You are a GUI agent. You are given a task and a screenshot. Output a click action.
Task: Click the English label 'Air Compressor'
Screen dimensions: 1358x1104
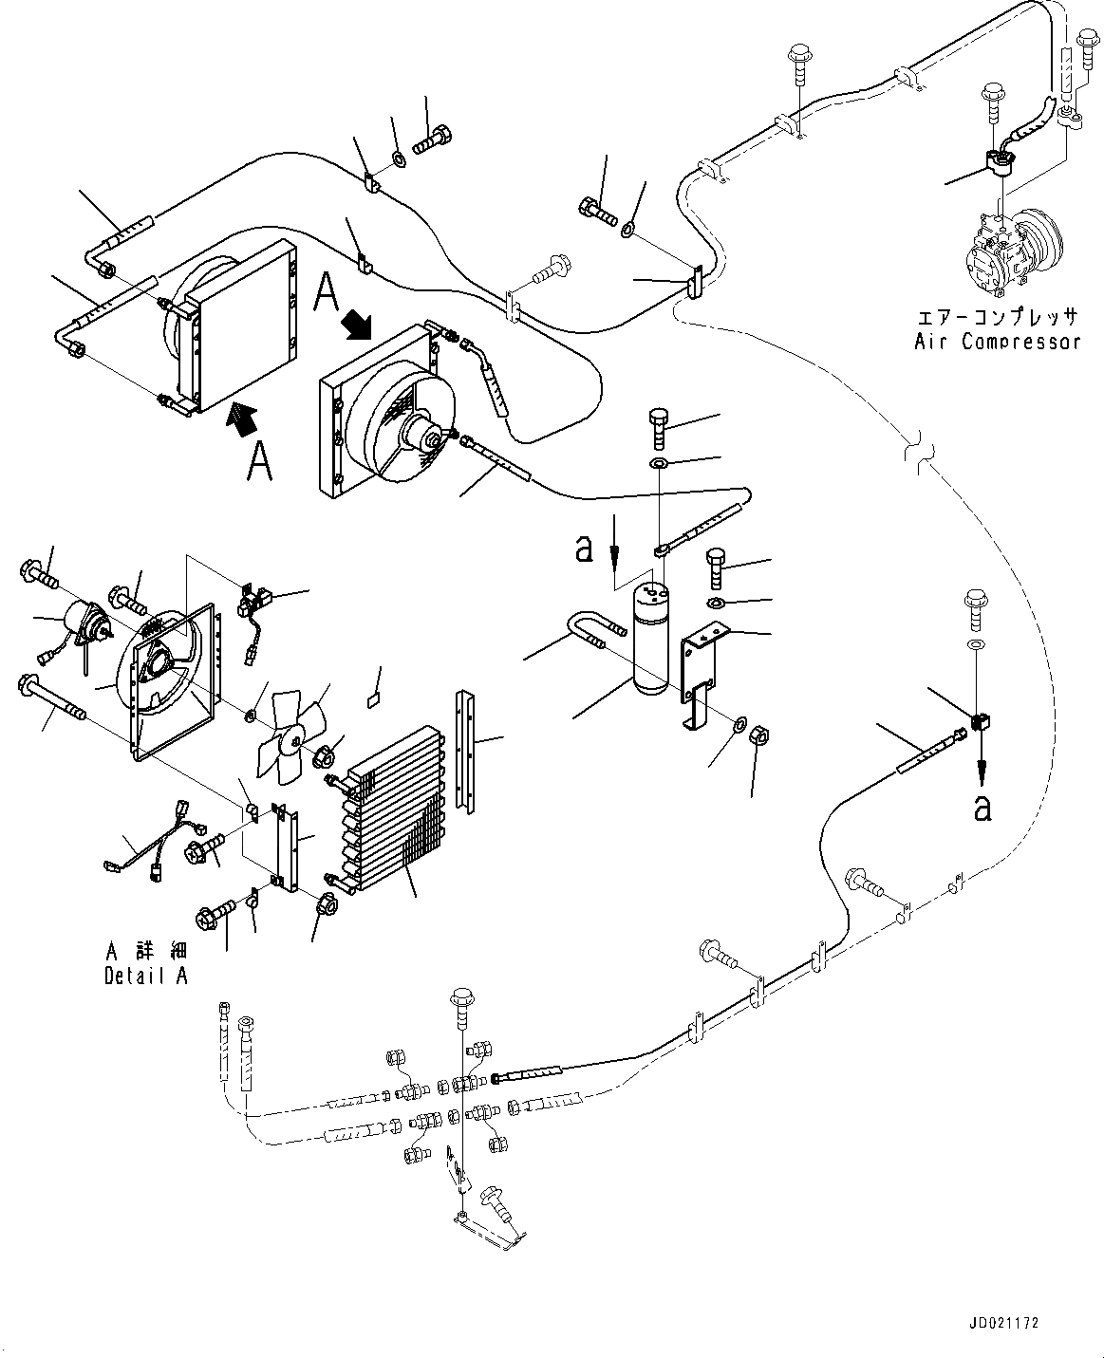(997, 342)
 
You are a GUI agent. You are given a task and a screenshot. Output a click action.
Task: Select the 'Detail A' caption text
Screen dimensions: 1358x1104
(145, 977)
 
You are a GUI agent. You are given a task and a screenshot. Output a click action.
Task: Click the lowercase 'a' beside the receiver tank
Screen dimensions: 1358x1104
(586, 547)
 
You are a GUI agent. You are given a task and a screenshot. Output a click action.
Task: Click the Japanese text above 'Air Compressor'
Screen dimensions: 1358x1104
(997, 317)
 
